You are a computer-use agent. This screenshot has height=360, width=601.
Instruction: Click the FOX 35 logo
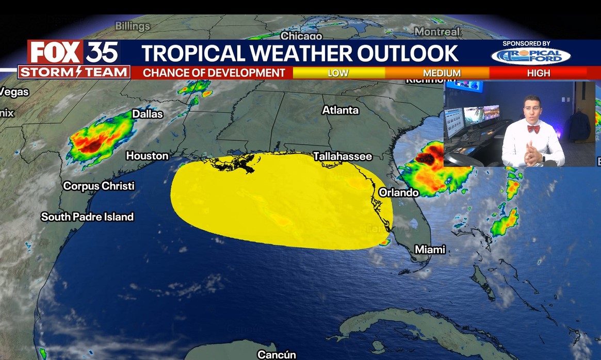pyautogui.click(x=73, y=52)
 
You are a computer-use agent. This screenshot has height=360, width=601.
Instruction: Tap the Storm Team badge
pyautogui.click(x=73, y=72)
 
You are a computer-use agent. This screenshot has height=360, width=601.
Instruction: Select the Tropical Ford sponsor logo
pyautogui.click(x=530, y=55)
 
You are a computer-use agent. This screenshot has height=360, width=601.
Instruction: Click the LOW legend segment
pyautogui.click(x=338, y=73)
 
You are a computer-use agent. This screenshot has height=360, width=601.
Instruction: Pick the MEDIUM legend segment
pyautogui.click(x=442, y=73)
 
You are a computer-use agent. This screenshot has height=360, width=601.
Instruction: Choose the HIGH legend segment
pyautogui.click(x=539, y=73)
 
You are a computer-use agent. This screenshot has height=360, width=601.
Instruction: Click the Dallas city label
pyautogui.click(x=147, y=114)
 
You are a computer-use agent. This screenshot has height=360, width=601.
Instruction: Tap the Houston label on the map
pyautogui.click(x=147, y=155)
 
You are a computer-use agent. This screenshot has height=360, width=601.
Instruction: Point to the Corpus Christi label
pyautogui.click(x=99, y=186)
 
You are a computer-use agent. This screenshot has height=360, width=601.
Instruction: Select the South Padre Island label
pyautogui.click(x=87, y=217)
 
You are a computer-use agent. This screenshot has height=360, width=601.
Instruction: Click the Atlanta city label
pyautogui.click(x=340, y=110)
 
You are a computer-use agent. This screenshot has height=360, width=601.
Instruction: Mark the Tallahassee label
pyautogui.click(x=343, y=156)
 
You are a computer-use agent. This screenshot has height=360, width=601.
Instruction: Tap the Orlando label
pyautogui.click(x=398, y=192)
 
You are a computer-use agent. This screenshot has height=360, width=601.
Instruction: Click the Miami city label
pyautogui.click(x=430, y=250)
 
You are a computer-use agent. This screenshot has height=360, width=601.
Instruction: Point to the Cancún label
pyautogui.click(x=277, y=354)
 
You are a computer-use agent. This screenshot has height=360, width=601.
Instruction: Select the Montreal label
pyautogui.click(x=437, y=31)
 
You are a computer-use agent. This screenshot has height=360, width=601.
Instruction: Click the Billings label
pyautogui.click(x=132, y=26)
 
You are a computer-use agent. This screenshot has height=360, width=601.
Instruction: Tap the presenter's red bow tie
pyautogui.click(x=533, y=129)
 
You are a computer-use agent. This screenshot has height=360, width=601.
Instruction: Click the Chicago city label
pyautogui.click(x=301, y=36)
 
